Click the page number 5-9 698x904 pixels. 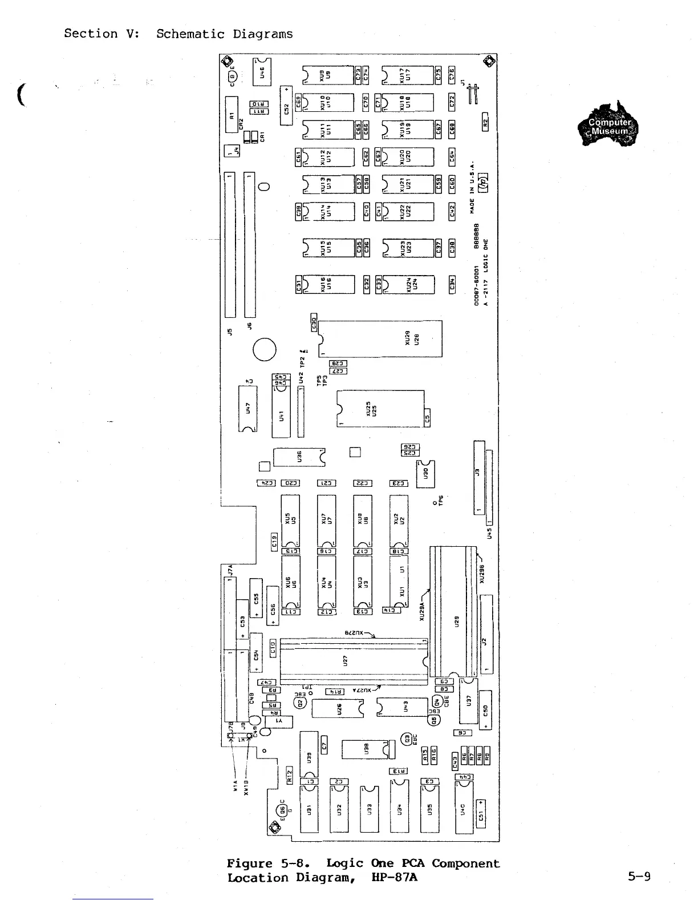639,876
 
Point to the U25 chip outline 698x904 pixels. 380,408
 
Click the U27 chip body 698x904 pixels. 354,660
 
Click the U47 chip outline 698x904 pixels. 248,409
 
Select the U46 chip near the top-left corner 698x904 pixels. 263,72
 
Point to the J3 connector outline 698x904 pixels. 479,478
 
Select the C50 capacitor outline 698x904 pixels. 485,711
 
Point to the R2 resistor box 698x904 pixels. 485,122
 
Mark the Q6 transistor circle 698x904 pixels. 282,810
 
